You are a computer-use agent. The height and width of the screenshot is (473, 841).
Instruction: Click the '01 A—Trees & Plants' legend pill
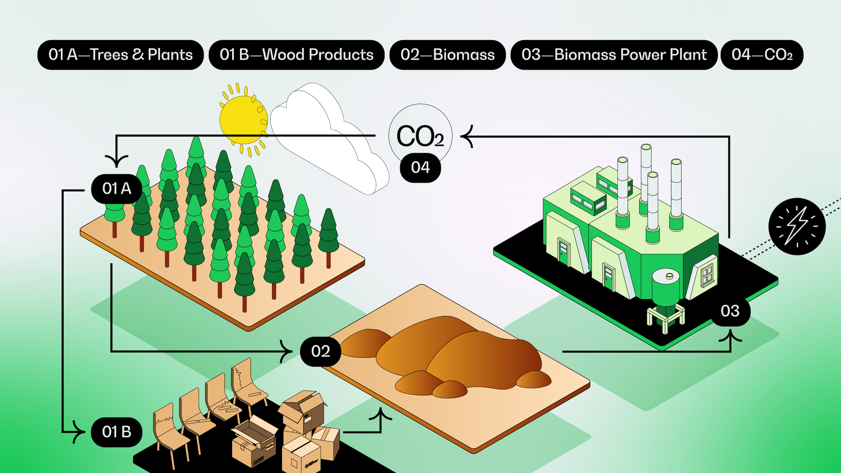click(121, 55)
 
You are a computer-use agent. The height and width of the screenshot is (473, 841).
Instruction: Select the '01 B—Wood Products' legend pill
click(296, 55)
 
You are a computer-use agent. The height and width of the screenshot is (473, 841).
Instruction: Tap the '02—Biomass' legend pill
click(448, 55)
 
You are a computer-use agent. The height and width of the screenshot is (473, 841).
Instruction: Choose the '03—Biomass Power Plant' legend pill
click(614, 55)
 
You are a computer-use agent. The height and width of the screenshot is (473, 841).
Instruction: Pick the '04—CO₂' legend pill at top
click(762, 55)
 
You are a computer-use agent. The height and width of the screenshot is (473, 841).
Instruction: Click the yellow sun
click(243, 119)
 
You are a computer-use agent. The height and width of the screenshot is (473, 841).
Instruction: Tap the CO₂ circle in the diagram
click(420, 134)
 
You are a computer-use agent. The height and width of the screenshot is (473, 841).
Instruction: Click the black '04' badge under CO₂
click(420, 167)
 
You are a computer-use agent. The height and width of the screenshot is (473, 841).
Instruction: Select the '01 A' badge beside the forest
click(117, 189)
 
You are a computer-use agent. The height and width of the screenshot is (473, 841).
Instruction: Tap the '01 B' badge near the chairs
click(117, 432)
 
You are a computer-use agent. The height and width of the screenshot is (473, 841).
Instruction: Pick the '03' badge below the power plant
click(730, 311)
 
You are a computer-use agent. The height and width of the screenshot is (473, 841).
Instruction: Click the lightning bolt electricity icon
click(797, 226)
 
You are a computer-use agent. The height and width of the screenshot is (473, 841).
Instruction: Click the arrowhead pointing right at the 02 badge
click(287, 351)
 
